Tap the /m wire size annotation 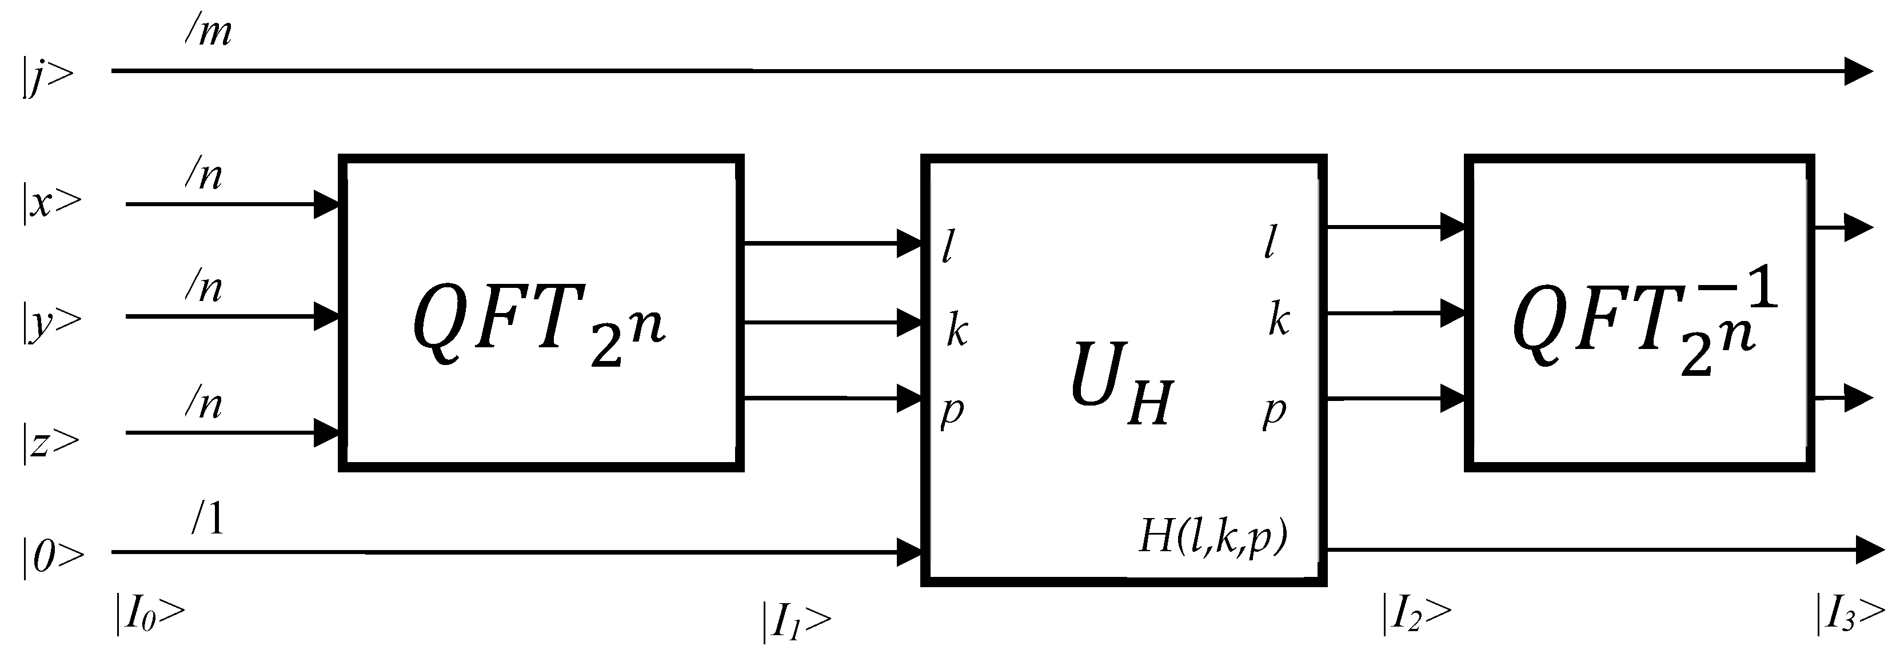[209, 33]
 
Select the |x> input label [50, 202]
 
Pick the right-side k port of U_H [1279, 320]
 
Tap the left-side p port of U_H [951, 410]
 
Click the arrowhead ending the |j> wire [1858, 71]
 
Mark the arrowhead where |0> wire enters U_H [909, 552]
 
